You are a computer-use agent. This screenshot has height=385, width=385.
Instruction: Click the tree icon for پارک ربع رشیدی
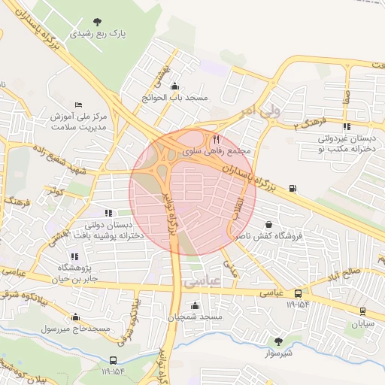click(x=97, y=22)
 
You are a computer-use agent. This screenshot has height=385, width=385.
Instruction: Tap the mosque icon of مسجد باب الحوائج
click(x=175, y=86)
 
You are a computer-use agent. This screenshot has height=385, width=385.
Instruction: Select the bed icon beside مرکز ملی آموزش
click(x=79, y=105)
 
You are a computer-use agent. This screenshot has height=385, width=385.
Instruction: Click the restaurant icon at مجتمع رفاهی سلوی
click(x=217, y=139)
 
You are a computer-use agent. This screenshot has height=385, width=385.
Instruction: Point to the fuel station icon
click(x=292, y=188)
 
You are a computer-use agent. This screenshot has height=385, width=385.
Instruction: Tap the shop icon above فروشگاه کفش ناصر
click(x=269, y=224)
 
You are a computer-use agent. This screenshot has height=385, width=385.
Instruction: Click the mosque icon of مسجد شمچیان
click(x=196, y=305)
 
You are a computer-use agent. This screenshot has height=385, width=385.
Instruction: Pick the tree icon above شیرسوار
click(x=279, y=341)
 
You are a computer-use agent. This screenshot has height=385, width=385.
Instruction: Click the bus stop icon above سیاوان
click(x=363, y=311)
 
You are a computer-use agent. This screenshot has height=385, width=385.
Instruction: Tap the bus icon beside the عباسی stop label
click(x=299, y=293)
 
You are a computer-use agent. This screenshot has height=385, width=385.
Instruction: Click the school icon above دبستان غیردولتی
click(x=346, y=126)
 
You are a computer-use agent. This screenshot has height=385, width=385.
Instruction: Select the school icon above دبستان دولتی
click(x=108, y=213)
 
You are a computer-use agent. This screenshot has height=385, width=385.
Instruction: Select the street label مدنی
click(x=229, y=268)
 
